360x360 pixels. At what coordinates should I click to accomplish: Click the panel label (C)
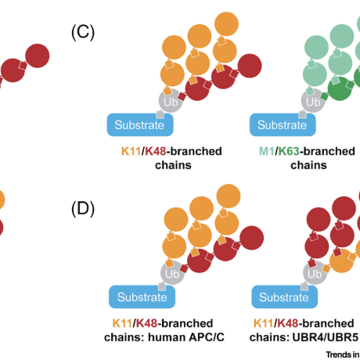(x=83, y=33)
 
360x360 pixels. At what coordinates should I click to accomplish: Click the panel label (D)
(x=83, y=209)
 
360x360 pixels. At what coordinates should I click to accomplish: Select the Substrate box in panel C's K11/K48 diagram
(x=139, y=124)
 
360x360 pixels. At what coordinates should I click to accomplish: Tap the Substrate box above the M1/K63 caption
(x=283, y=124)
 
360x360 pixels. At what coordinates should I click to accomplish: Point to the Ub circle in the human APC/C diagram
(x=171, y=273)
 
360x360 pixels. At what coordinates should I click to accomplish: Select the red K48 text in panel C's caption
(x=153, y=152)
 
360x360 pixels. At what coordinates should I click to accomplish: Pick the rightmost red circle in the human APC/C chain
(x=249, y=239)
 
